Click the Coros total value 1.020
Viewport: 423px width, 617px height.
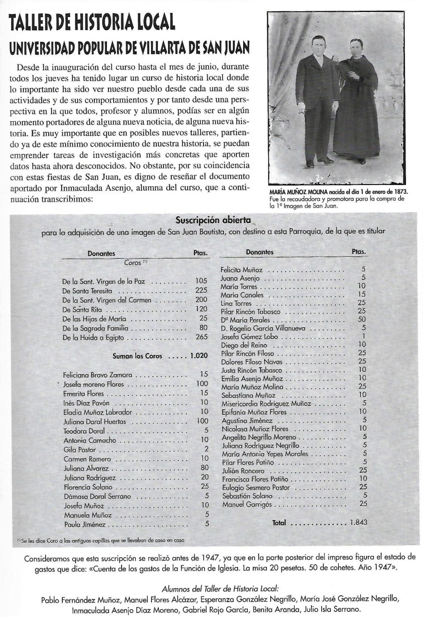(x=198, y=357)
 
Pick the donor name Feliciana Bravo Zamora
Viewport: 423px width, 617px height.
(x=97, y=375)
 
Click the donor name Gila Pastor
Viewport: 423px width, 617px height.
(x=78, y=448)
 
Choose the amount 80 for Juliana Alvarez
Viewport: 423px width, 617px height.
(x=204, y=468)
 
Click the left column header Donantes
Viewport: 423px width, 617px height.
(x=102, y=254)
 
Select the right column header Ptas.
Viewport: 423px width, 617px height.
(x=359, y=251)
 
